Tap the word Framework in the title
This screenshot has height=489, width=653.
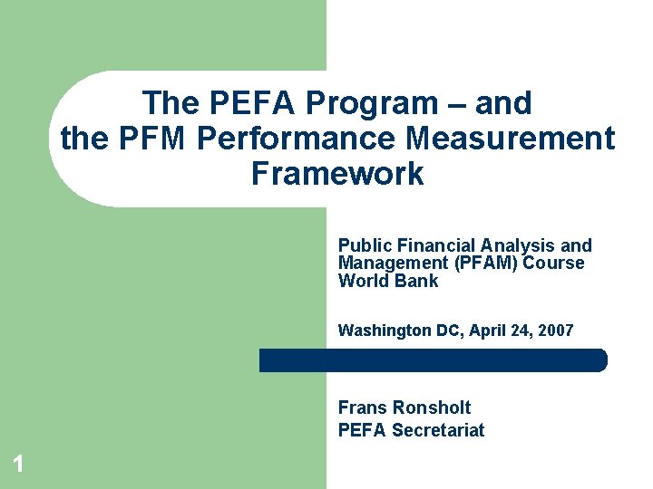[x=336, y=173]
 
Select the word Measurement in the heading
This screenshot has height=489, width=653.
[x=512, y=139]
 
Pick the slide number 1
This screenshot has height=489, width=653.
[x=17, y=465]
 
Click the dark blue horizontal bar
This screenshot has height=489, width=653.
[x=433, y=360]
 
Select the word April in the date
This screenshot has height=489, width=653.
[x=489, y=331]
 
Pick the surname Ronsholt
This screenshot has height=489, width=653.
[x=432, y=407]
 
